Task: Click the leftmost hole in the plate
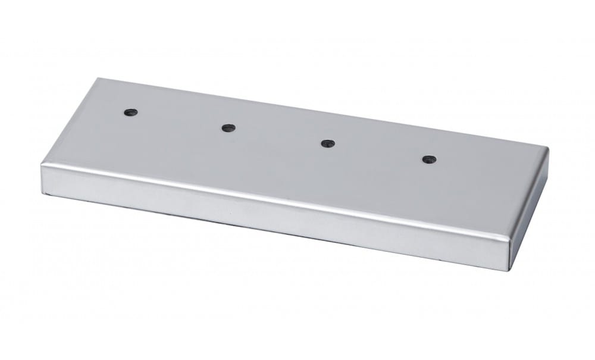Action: coord(130,112)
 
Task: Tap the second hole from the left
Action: coord(228,127)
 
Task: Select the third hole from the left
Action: coord(327,143)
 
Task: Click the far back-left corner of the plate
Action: coord(98,79)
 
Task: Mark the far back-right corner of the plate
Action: coord(546,149)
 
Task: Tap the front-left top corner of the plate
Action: coord(41,163)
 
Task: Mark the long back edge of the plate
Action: coord(321,113)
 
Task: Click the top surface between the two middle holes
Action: coord(278,136)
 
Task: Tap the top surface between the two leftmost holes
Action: coord(179,120)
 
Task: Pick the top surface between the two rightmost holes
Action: coord(377,151)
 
